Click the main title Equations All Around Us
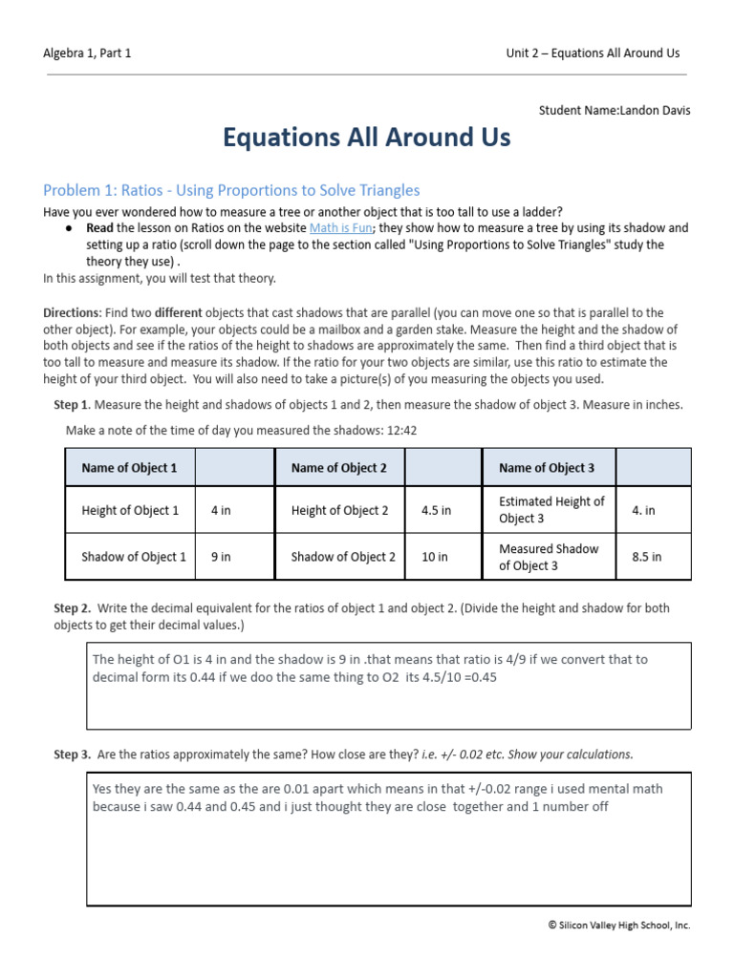[x=367, y=138]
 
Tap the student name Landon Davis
[x=655, y=110]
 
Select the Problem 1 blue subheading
[x=232, y=191]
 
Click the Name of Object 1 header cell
[x=129, y=468]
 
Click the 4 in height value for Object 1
[x=221, y=510]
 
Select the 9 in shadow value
[x=221, y=557]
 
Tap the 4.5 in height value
[x=436, y=510]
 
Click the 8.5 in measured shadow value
[x=646, y=557]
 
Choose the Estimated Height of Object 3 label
[x=551, y=510]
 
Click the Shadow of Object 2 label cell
[x=343, y=557]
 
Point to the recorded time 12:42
[x=401, y=431]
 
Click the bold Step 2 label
[x=72, y=608]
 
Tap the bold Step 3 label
[x=72, y=755]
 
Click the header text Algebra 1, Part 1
[x=87, y=53]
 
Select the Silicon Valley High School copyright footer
[x=619, y=925]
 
